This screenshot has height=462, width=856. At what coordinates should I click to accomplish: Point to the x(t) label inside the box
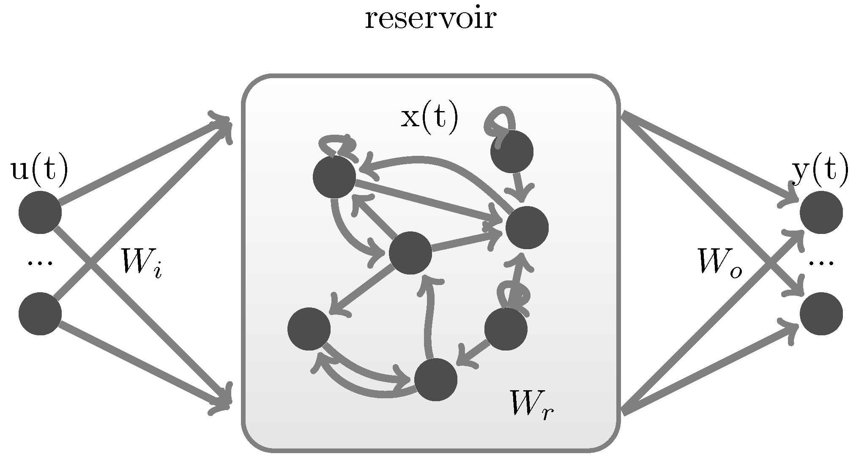coord(429,118)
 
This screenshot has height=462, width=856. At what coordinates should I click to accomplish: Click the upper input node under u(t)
coord(40,212)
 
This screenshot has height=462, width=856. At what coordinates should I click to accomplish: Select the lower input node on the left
coord(40,313)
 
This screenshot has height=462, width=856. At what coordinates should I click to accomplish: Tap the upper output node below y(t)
coord(821,212)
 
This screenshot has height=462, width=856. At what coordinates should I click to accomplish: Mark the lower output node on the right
coord(821,313)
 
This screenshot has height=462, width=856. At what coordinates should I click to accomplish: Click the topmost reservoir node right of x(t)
coord(511,152)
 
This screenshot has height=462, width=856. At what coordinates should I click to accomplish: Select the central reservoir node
coord(410,253)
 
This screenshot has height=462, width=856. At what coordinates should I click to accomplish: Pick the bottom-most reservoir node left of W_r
coord(435,379)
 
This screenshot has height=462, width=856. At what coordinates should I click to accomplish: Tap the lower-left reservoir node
coord(309,329)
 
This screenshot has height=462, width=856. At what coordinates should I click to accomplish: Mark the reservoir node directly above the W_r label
coord(506,329)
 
